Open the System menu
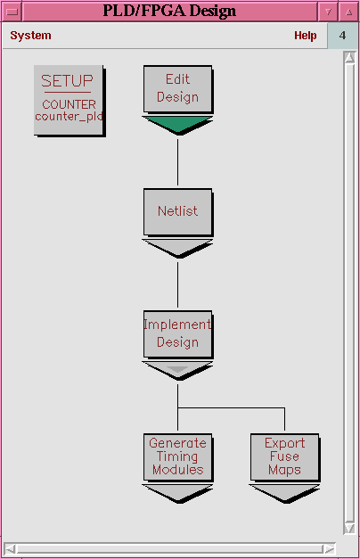(x=30, y=36)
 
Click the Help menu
(x=305, y=36)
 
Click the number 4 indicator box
(x=342, y=36)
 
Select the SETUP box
(x=70, y=100)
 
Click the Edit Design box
(x=178, y=89)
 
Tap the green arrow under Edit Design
(x=177, y=125)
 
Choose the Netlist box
(x=178, y=212)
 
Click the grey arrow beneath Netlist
(x=177, y=248)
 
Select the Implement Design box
(x=178, y=334)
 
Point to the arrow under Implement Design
(x=177, y=370)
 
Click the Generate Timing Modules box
(x=178, y=457)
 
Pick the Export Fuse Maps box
(x=285, y=457)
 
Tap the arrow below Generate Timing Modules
(x=177, y=493)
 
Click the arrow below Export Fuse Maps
(x=284, y=493)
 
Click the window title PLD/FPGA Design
(x=169, y=11)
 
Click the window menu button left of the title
(x=12, y=12)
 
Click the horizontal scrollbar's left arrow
(x=10, y=548)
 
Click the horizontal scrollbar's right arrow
(x=330, y=548)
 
